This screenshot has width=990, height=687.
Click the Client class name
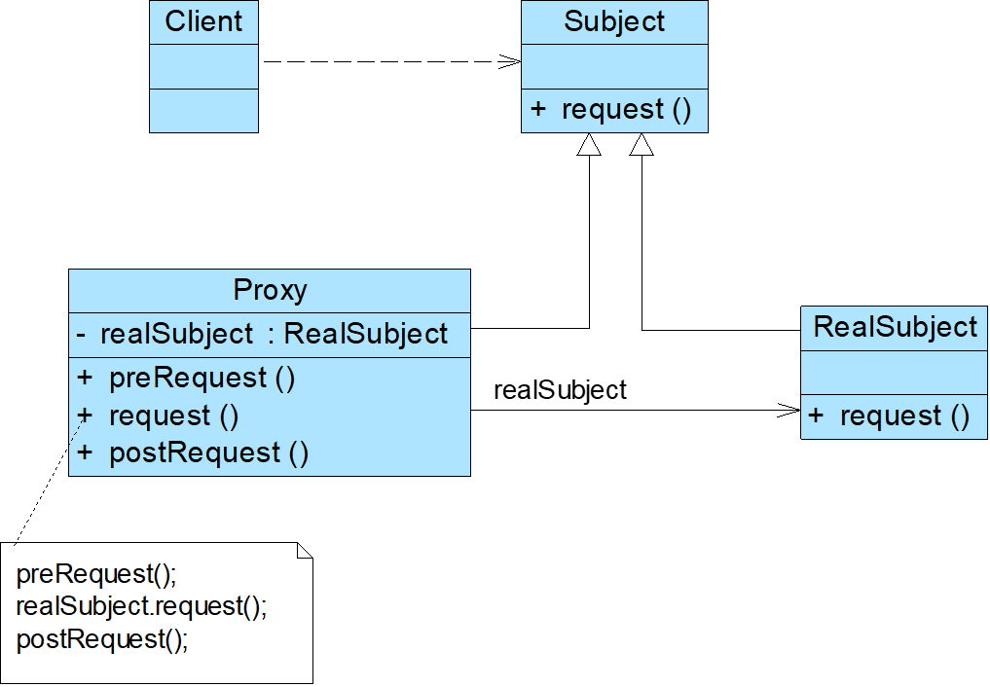[203, 21]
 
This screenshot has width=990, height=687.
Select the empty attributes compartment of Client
[203, 66]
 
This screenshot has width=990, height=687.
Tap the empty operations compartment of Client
[203, 110]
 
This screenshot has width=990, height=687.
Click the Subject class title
[614, 21]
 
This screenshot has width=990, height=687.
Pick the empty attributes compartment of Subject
[614, 66]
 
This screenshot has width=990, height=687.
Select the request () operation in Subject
[626, 109]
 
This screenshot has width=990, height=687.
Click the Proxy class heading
[270, 290]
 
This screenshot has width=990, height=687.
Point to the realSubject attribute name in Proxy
[176, 334]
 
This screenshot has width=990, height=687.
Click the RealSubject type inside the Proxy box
[366, 334]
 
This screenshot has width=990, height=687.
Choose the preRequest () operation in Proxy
[202, 377]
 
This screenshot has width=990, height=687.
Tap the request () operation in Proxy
[173, 416]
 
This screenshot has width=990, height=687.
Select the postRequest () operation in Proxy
[208, 452]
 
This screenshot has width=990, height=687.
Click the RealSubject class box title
[895, 326]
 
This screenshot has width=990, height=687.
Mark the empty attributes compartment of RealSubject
[895, 372]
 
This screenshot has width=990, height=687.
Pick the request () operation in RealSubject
[904, 416]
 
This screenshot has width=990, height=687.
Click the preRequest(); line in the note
[96, 573]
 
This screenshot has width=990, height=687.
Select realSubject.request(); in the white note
[141, 606]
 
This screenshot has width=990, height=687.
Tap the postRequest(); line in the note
[102, 639]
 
